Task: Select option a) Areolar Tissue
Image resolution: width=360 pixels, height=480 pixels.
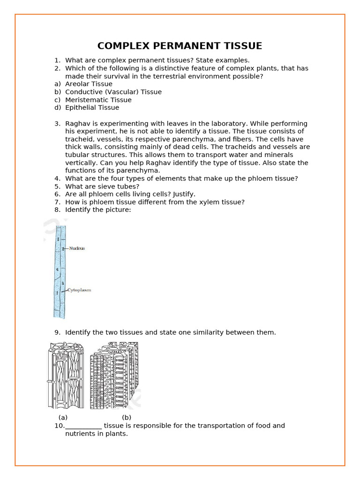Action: click(89, 84)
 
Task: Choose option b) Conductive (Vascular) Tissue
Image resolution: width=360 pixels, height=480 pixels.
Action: click(113, 92)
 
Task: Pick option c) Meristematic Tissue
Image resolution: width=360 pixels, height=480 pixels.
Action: click(98, 100)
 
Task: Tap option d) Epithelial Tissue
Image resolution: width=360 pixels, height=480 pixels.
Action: click(92, 107)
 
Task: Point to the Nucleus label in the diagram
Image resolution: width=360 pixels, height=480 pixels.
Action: click(77, 248)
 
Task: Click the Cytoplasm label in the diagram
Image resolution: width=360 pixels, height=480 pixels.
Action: click(79, 290)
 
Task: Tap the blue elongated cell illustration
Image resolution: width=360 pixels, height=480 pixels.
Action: click(60, 272)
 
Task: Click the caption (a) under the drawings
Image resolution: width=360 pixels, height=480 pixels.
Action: click(63, 417)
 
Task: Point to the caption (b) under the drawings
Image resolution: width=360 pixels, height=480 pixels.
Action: click(127, 417)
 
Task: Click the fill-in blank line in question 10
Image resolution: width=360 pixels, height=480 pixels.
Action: click(83, 426)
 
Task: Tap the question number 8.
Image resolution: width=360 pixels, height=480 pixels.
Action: click(57, 210)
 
